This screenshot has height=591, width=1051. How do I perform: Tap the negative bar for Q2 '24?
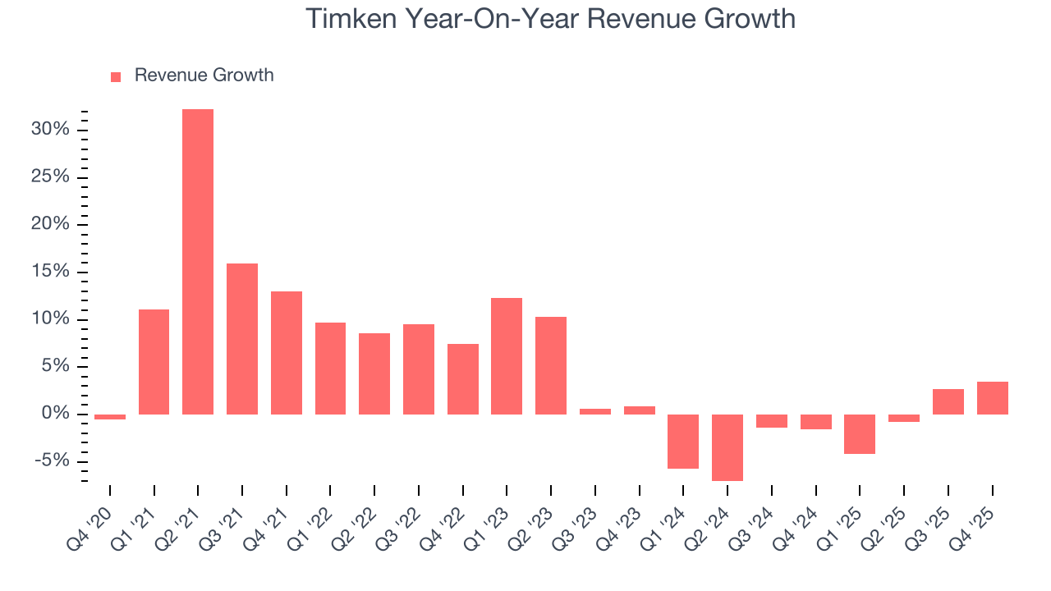[x=727, y=447]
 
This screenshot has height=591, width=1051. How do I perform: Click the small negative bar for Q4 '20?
[x=110, y=417]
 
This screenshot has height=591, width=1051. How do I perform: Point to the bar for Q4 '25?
[x=992, y=398]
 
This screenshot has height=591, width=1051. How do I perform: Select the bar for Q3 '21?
[x=242, y=338]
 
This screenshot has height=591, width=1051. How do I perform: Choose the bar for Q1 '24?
[x=683, y=441]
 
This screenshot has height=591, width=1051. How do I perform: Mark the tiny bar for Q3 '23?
[x=595, y=411]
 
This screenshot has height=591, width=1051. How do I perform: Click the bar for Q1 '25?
[x=860, y=433]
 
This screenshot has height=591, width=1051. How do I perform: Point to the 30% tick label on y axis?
[x=50, y=130]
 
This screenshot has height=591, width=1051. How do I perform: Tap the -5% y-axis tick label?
[x=52, y=460]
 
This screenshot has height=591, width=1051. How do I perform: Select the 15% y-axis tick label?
[x=50, y=272]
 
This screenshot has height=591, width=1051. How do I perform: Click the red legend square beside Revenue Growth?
[x=116, y=76]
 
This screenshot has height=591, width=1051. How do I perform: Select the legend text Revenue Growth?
[x=204, y=76]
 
